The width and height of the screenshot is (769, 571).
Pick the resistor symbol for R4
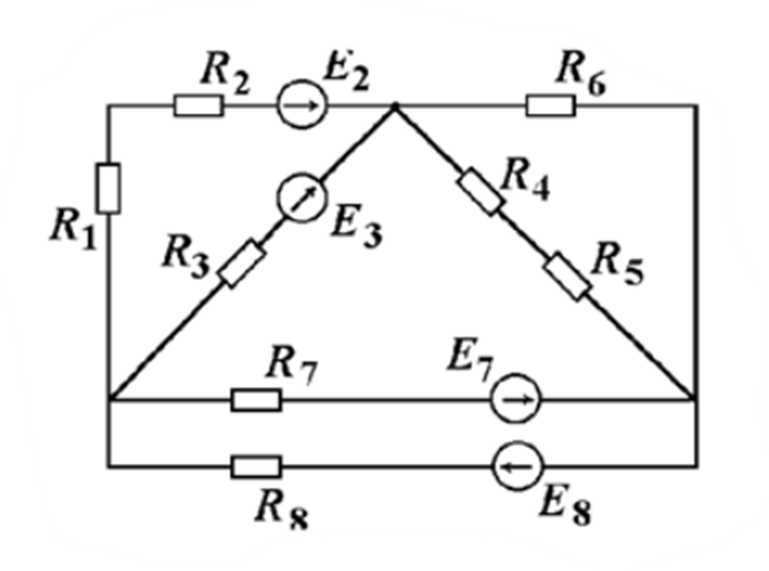481,191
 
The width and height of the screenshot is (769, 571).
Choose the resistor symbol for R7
256,400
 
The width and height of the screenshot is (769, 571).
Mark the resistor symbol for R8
256,465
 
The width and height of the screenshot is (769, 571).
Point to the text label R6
580,72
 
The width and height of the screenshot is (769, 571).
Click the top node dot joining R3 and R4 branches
395,105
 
